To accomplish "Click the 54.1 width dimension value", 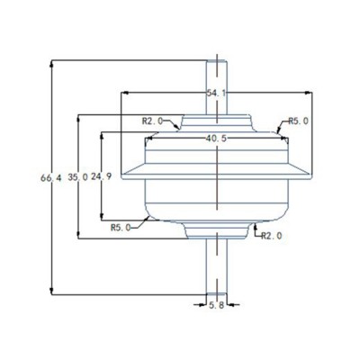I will coord(216,93).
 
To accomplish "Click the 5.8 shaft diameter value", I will coord(217,307).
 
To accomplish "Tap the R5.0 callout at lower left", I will coord(122,228).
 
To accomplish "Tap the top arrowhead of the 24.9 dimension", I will coord(101,133).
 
